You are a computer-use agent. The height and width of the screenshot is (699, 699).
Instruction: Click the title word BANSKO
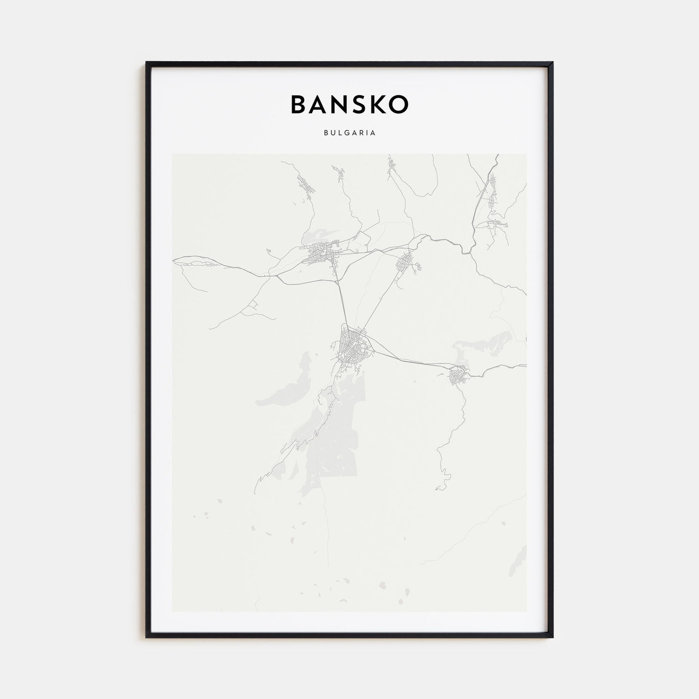click(x=349, y=104)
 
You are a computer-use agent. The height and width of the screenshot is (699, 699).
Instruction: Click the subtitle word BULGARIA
click(x=349, y=133)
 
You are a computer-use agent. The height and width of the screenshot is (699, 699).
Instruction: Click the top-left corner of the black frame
click(x=147, y=63)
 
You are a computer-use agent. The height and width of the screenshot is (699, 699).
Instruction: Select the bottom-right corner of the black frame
click(x=552, y=637)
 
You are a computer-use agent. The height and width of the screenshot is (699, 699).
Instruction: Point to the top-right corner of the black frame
click(x=552, y=63)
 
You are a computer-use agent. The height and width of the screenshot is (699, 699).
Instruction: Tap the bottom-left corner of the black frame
click(x=147, y=637)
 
